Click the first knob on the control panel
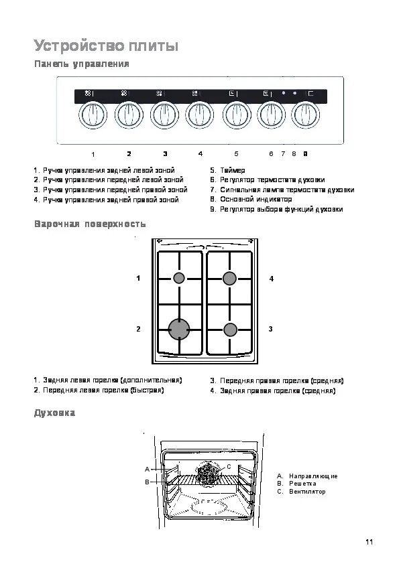tap(93, 115)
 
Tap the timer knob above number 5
tap(236, 115)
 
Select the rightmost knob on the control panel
tap(305, 115)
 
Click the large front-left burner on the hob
tap(179, 329)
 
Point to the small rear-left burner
tap(179, 278)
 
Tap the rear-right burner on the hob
tap(229, 278)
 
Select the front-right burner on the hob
tap(230, 330)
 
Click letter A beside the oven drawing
tap(147, 469)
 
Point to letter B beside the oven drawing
tap(147, 482)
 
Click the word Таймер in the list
tap(233, 170)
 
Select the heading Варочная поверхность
tap(90, 224)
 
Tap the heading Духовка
tap(55, 413)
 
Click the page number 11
tap(369, 542)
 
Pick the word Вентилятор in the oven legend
tap(307, 492)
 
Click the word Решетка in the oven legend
tap(302, 484)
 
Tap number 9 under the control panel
tap(305, 154)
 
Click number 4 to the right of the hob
tap(272, 279)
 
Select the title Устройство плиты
tap(106, 46)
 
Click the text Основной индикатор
tap(256, 199)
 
